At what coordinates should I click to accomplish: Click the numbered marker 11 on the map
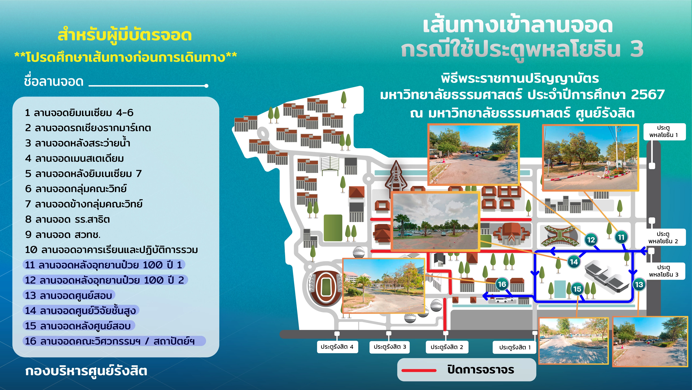(621, 237)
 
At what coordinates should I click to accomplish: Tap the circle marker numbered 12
(591, 240)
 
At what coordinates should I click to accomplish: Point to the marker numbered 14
(574, 262)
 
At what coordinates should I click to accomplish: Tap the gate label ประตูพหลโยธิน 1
(663, 131)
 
